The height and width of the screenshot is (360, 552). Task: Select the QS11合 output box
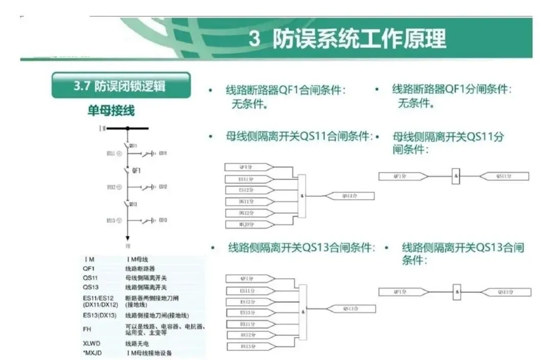[350, 195]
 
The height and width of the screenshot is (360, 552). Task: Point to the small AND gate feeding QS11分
[456, 176]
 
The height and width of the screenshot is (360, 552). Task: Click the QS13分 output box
[504, 292]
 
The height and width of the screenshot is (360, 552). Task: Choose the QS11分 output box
[503, 176]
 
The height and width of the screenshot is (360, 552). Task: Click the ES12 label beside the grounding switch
[163, 187]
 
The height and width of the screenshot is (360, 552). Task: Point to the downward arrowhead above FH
[128, 238]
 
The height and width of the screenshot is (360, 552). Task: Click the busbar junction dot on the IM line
[128, 128]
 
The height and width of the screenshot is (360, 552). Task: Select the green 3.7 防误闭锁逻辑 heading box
[121, 85]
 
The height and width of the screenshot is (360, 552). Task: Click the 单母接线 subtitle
[111, 110]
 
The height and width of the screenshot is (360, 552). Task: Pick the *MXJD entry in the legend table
[91, 353]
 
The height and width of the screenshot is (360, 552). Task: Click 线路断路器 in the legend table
[140, 268]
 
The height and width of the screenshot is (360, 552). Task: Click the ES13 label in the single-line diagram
[163, 220]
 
